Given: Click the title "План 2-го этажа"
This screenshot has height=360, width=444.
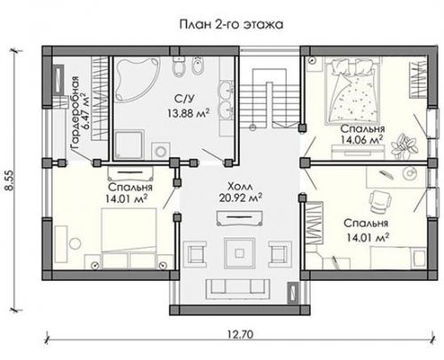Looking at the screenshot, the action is coord(231,24).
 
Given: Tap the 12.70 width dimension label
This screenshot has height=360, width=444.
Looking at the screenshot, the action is coord(241,334).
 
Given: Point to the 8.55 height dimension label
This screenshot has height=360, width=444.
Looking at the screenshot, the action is coord(10,180).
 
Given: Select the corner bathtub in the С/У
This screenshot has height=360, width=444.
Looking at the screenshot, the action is coord(137,78).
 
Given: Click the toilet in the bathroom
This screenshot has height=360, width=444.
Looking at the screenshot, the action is coord(178,66).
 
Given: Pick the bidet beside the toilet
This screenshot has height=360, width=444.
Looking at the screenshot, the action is coord(197,66).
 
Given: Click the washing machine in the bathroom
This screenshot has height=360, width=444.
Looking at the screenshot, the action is coord(161,151).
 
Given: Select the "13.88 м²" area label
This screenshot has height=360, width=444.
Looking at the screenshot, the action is coord(188,113).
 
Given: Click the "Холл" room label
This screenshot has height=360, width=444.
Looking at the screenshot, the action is coord(240,187).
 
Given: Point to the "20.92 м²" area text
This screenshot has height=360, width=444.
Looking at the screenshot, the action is coord(241,197).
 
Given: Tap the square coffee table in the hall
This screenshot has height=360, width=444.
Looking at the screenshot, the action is coord(240,253).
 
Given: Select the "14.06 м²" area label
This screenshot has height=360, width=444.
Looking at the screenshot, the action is coord(361,140).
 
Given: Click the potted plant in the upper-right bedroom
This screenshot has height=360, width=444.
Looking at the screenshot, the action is coord(404,147).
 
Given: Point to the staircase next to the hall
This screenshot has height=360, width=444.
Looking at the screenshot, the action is coord(269,99).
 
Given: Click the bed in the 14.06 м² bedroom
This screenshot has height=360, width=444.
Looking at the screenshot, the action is coord(352,91).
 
